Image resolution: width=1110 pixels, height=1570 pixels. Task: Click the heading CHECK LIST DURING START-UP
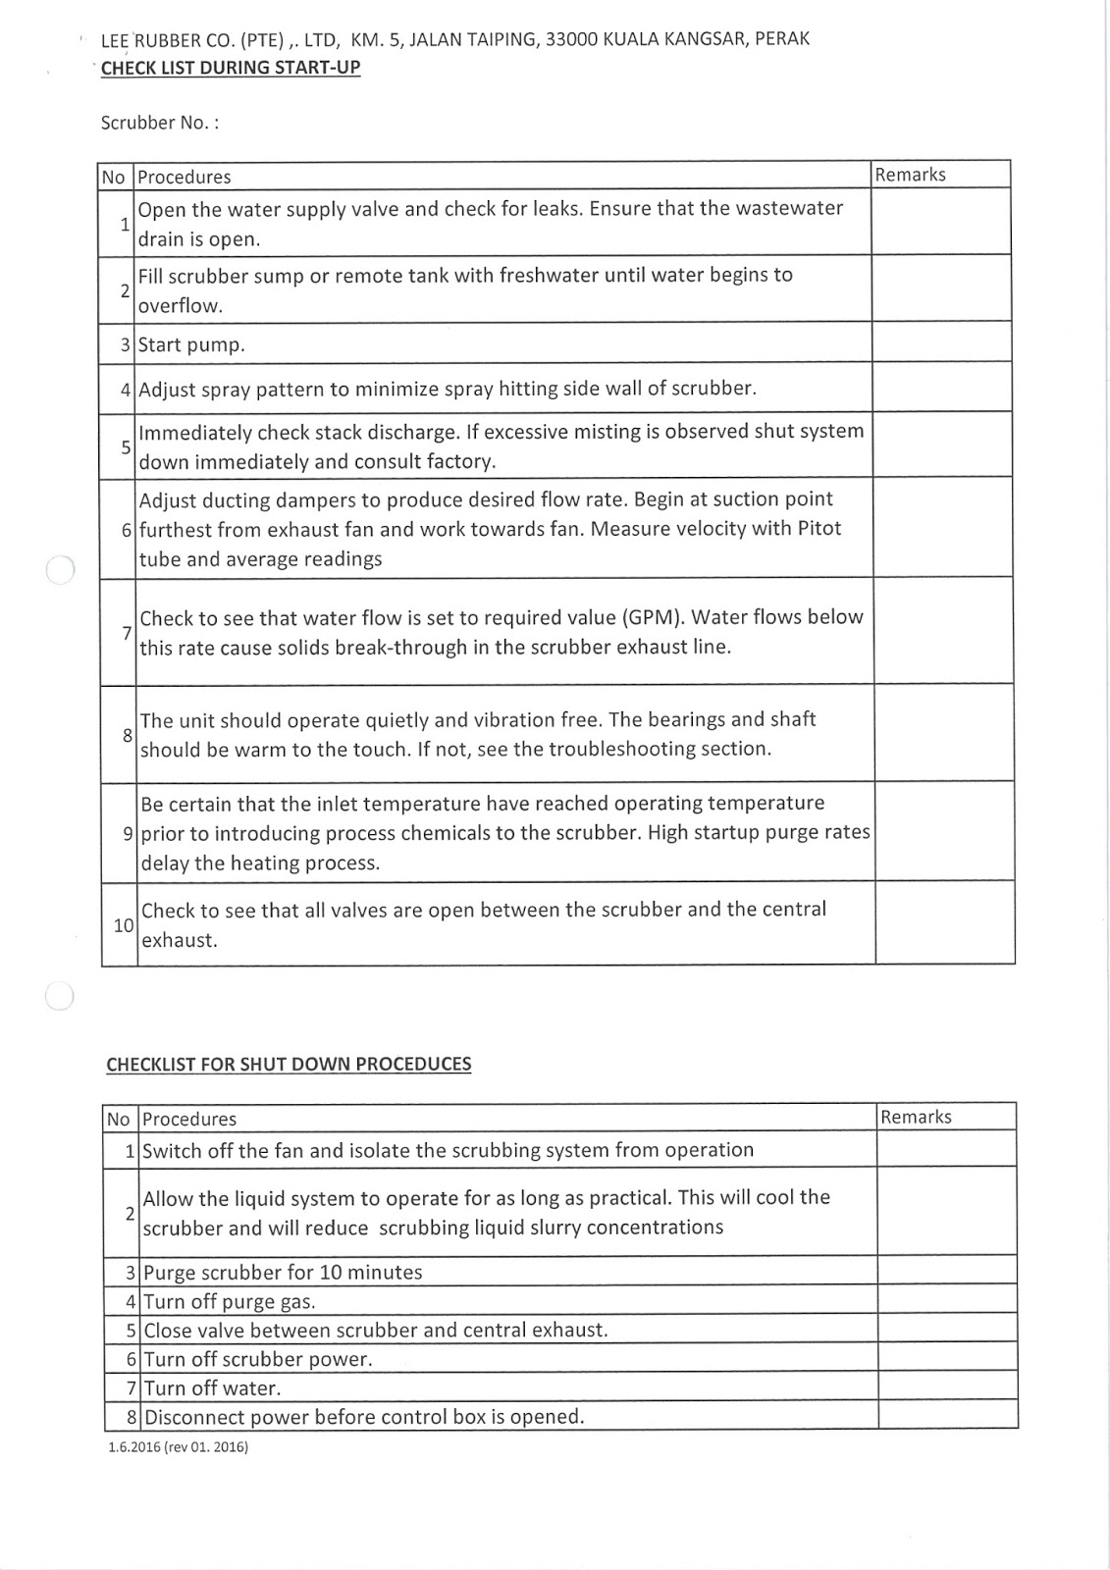click(x=230, y=68)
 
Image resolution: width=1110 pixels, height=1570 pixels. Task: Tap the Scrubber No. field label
click(x=160, y=123)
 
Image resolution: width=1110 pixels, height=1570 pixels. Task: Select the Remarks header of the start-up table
click(x=910, y=175)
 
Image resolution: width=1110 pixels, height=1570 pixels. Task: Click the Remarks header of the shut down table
click(x=916, y=1117)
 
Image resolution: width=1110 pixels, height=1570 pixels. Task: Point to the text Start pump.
click(x=191, y=344)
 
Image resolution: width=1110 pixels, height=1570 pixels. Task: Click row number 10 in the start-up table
click(x=123, y=924)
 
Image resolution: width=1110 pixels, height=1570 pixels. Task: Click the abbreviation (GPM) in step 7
click(x=652, y=617)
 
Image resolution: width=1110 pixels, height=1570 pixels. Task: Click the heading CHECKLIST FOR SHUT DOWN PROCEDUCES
click(x=289, y=1064)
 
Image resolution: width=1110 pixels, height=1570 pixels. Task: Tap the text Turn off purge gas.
click(x=230, y=1302)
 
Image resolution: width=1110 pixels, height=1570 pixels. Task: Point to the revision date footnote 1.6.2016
click(x=178, y=1446)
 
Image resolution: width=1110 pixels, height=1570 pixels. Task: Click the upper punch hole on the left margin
click(x=60, y=569)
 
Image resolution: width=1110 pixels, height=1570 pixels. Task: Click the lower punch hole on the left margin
click(x=59, y=995)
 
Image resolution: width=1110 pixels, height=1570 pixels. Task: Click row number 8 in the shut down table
click(x=131, y=1417)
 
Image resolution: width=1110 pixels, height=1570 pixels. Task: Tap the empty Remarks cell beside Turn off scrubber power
click(x=946, y=1358)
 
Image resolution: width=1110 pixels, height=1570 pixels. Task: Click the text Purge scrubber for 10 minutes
click(x=283, y=1273)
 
